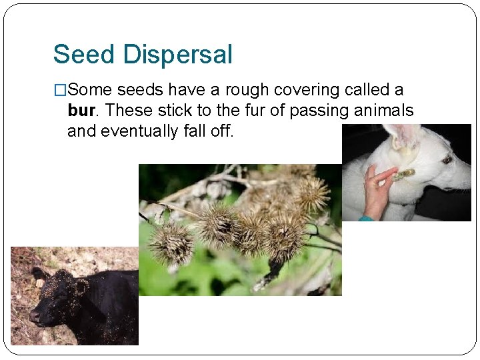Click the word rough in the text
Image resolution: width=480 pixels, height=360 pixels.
pyautogui.click(x=245, y=89)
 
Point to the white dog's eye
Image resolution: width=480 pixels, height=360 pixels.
pyautogui.click(x=447, y=160)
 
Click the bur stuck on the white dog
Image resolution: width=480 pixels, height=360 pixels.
pyautogui.click(x=404, y=175)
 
